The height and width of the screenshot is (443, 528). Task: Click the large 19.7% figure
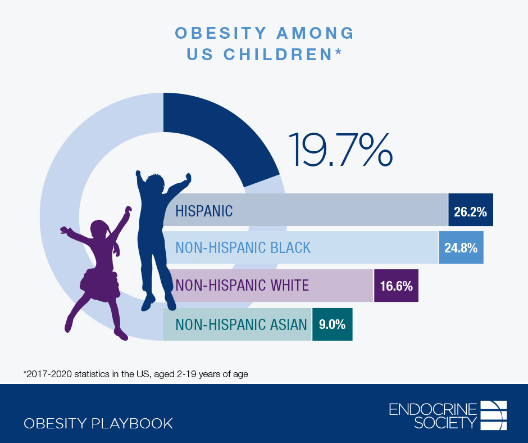(x=340, y=149)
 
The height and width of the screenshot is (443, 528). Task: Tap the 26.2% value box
(x=471, y=210)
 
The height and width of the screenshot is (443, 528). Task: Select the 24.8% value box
(x=461, y=247)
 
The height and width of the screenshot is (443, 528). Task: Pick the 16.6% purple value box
(x=396, y=286)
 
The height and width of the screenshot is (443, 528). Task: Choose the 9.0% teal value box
(x=332, y=324)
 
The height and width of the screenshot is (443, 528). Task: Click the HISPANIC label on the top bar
(x=204, y=211)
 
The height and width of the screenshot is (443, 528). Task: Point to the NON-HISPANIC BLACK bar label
(x=243, y=247)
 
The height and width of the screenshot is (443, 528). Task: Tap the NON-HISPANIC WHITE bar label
(x=242, y=286)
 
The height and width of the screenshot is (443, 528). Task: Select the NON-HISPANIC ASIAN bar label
(x=241, y=324)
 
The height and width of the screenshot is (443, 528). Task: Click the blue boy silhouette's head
(x=153, y=186)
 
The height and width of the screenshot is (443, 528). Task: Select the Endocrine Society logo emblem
(x=494, y=415)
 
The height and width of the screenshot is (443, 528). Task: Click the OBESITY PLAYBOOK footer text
(x=98, y=423)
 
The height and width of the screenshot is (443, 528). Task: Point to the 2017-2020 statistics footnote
(x=135, y=373)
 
